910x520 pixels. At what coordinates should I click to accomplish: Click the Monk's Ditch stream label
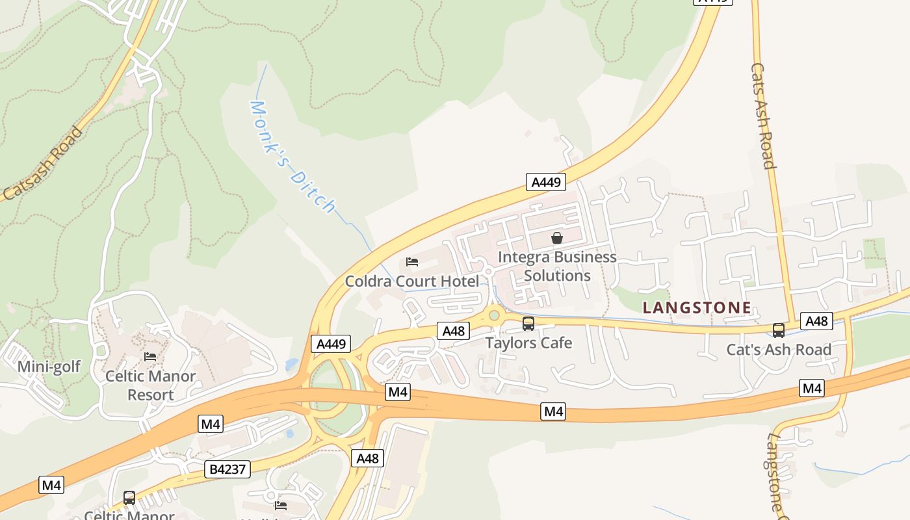[293, 157]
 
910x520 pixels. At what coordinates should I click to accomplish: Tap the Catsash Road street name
[44, 163]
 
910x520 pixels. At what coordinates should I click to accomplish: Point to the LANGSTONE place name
[697, 307]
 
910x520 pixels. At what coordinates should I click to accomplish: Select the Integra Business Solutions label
[557, 266]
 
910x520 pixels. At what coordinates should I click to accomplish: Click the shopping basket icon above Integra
[557, 238]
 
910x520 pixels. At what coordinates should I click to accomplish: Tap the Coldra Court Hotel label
[411, 281]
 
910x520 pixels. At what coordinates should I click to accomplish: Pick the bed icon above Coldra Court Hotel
[411, 262]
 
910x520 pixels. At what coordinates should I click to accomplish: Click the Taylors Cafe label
[528, 343]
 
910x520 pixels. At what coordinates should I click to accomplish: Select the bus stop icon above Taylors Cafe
[528, 323]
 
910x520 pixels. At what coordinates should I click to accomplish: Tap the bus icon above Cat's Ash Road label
[779, 330]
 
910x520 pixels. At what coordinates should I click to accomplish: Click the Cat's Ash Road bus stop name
[779, 350]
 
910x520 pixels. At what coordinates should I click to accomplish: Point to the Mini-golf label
[49, 367]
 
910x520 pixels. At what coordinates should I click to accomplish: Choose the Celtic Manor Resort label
[150, 385]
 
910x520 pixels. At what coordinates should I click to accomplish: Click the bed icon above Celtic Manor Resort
[150, 357]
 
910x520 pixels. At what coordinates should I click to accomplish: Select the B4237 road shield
[227, 469]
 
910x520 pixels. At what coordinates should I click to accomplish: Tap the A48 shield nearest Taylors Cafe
[453, 331]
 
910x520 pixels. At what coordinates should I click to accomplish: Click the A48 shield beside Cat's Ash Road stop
[816, 320]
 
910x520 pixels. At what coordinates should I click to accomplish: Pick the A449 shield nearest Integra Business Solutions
[546, 182]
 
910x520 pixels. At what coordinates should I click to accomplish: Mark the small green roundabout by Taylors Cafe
[494, 316]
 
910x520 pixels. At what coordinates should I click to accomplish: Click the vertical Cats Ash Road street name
[763, 116]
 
